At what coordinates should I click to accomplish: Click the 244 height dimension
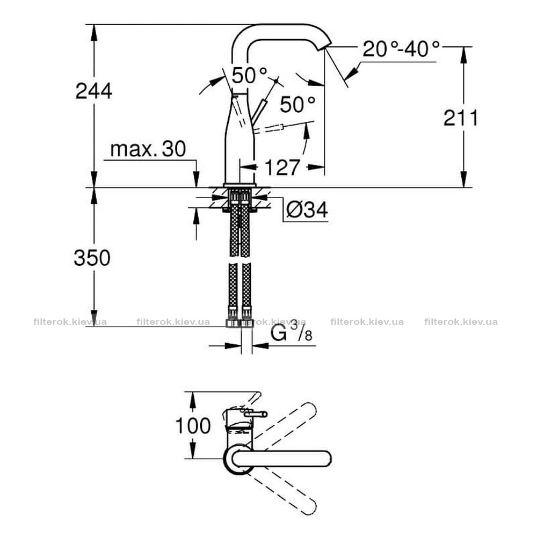pos(93,91)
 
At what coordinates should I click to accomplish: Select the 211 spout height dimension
pos(460,118)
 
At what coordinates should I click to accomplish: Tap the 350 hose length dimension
pos(92,258)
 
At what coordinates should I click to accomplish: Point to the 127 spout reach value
pos(282,168)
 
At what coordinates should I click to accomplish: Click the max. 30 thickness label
pos(148,149)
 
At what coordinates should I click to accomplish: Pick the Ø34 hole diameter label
pos(307,209)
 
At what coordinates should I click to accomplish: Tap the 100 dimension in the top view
pos(193,426)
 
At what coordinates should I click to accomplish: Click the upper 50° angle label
pos(249,75)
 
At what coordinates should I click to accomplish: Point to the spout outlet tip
pos(325,47)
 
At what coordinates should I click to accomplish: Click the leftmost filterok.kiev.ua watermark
pos(70,322)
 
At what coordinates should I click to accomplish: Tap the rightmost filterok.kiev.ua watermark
pos(461,322)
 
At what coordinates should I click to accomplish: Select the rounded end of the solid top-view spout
pos(326,459)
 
